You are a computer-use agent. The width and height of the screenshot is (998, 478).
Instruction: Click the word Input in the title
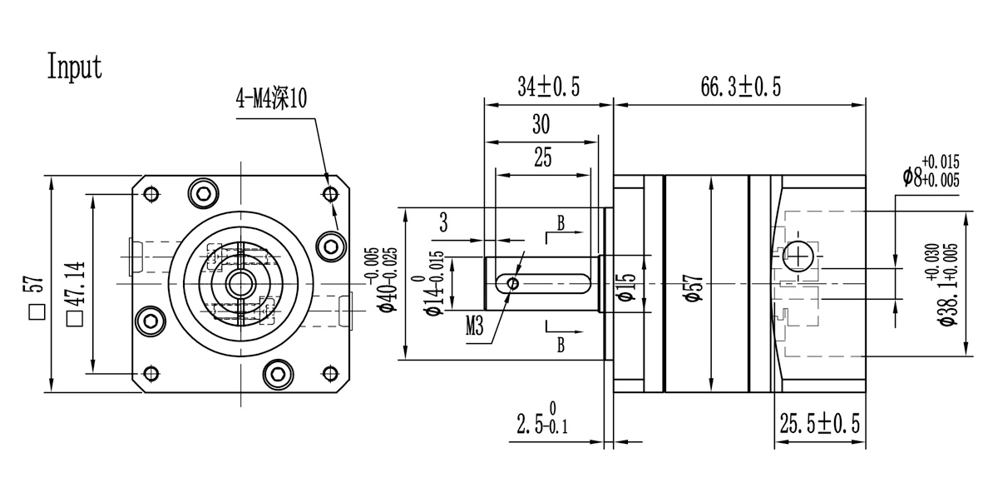[x=75, y=67]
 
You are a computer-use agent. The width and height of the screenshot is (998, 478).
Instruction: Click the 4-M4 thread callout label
[x=271, y=100]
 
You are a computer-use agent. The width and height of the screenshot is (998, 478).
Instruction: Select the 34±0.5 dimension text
[x=548, y=87]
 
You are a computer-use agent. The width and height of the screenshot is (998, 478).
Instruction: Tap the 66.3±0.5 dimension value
[x=738, y=87]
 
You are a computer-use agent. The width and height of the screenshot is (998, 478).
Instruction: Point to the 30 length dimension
[x=541, y=125]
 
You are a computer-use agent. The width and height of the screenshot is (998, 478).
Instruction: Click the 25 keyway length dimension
[x=542, y=157]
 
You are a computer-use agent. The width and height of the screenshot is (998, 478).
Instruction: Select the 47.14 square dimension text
[x=76, y=284]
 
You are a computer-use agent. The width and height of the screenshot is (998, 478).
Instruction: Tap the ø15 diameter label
[x=627, y=284]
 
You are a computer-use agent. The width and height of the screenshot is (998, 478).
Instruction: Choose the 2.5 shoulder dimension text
[x=541, y=424]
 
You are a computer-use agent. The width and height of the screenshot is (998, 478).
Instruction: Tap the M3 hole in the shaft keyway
[x=513, y=284]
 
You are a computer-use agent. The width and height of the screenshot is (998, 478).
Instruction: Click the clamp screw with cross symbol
[x=797, y=256]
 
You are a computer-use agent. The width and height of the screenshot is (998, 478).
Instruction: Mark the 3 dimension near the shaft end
[x=443, y=222]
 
